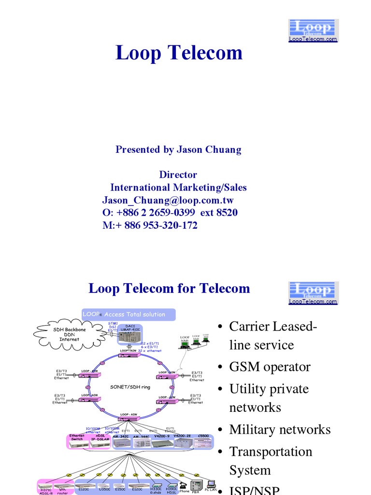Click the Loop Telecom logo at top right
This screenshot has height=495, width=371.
(x=314, y=30)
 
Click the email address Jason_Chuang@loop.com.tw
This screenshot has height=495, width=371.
(x=168, y=200)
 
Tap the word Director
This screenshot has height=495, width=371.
(x=178, y=175)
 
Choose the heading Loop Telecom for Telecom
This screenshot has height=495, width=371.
(x=169, y=289)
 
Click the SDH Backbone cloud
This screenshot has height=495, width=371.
(x=69, y=334)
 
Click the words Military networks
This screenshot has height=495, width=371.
(x=280, y=430)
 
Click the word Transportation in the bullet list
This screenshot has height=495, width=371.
(x=271, y=451)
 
